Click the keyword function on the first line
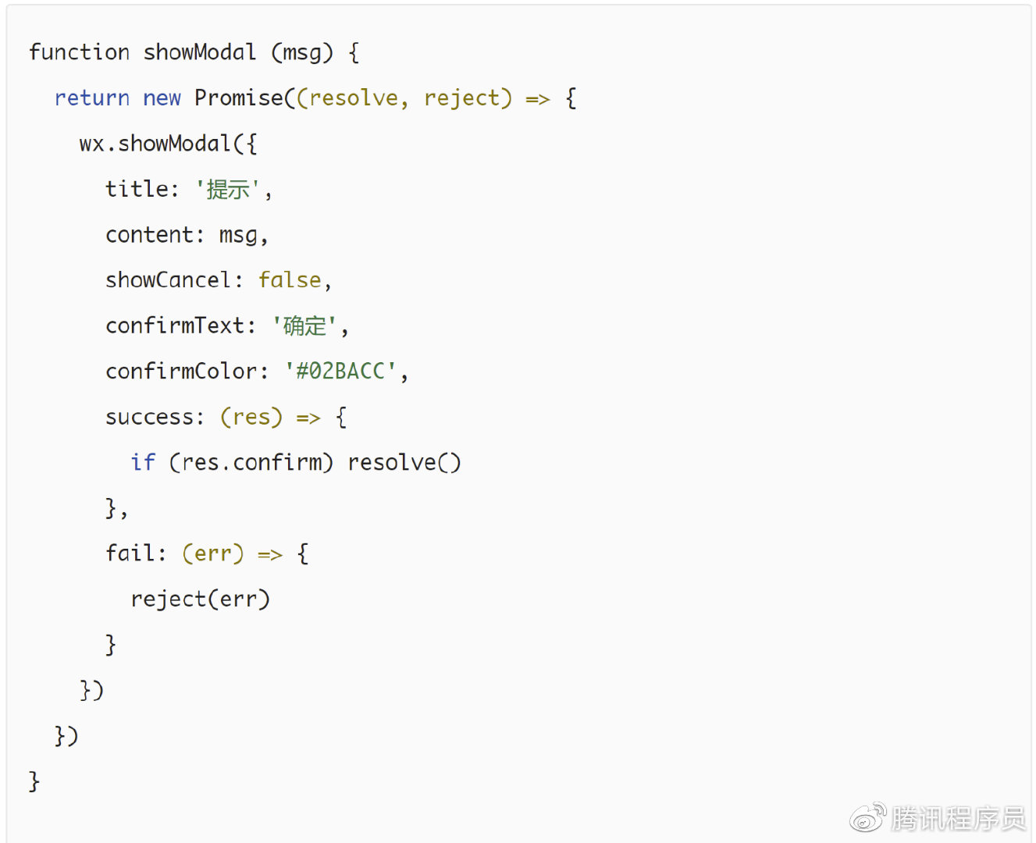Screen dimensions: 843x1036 pyautogui.click(x=79, y=52)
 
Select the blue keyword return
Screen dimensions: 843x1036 pyautogui.click(x=92, y=98)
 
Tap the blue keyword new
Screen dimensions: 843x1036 pyautogui.click(x=162, y=98)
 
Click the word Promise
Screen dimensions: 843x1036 pyautogui.click(x=239, y=98)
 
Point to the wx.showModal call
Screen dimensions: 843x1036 pyautogui.click(x=155, y=144)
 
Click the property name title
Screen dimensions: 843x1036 pyautogui.click(x=137, y=189)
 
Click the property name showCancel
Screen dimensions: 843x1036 pyautogui.click(x=168, y=280)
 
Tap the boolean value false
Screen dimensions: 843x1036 pyautogui.click(x=290, y=280)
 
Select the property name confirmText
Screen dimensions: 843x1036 pyautogui.click(x=175, y=325)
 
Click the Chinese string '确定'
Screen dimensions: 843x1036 pyautogui.click(x=304, y=325)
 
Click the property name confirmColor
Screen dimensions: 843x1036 pyautogui.click(x=181, y=372)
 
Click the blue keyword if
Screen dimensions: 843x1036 pyautogui.click(x=143, y=463)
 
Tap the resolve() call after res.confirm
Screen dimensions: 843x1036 pyautogui.click(x=404, y=463)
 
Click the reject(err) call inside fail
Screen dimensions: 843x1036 pyautogui.click(x=200, y=599)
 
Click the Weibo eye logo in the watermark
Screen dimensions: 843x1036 pyautogui.click(x=867, y=818)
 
